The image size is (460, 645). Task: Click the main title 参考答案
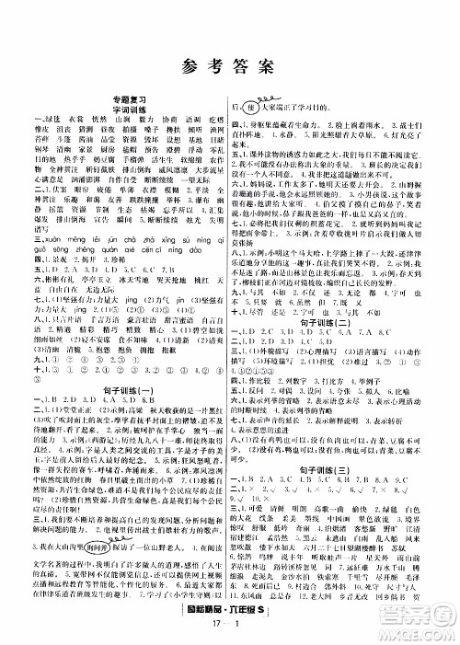tap(229, 63)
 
